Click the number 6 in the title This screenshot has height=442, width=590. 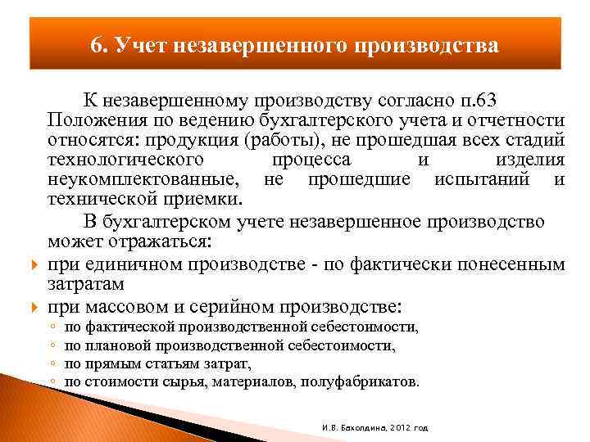[x=96, y=44]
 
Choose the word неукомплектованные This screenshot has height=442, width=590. [x=143, y=179]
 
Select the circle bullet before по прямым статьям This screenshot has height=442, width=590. [x=52, y=364]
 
